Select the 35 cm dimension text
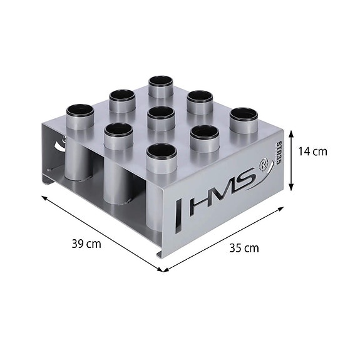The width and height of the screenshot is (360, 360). [244, 248]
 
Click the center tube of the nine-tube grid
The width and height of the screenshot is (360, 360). [161, 114]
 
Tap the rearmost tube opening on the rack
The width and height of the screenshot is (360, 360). [161, 82]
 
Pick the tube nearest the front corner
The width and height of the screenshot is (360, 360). [161, 151]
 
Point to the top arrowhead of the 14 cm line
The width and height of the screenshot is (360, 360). [291, 129]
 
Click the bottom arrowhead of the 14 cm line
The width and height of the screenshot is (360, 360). [291, 188]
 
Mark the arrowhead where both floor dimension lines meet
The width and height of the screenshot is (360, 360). [163, 270]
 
